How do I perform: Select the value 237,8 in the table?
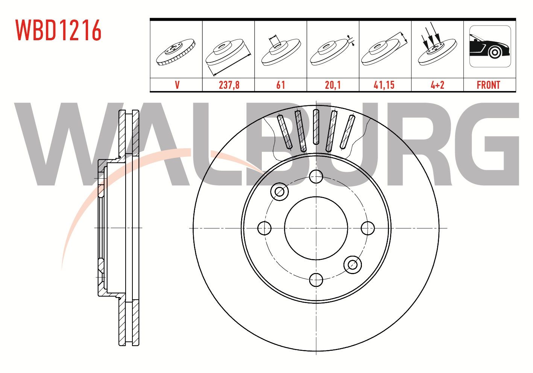coord(229,85)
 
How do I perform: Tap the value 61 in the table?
coord(281,85)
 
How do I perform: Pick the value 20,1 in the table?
coord(333,85)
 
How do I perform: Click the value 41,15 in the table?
coord(384,85)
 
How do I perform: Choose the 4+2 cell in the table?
coord(437,85)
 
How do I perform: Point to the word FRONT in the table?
coord(488,85)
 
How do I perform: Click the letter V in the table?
coord(177,85)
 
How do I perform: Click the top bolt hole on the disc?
coord(316,176)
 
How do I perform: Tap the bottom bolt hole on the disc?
coord(316,279)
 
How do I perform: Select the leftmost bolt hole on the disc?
coord(264,228)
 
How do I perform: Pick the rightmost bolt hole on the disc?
coord(367,228)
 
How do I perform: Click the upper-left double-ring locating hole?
coord(279,192)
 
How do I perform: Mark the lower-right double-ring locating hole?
coord(352,264)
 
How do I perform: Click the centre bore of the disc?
coord(316,228)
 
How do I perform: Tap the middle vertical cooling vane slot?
coord(316,127)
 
